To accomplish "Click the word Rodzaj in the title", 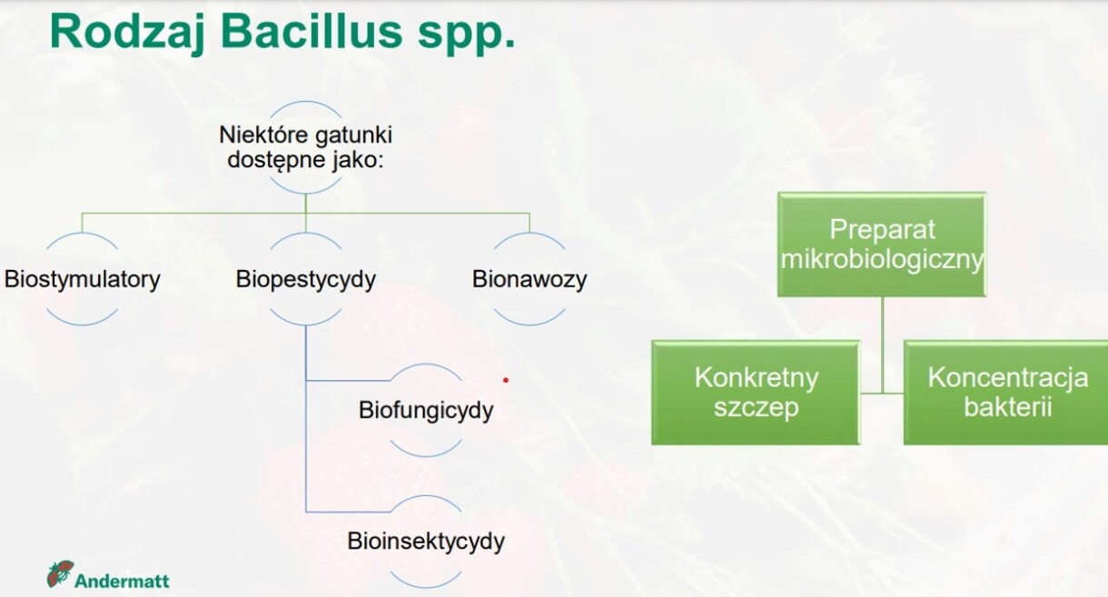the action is [126, 32].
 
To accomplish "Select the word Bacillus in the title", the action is [312, 31].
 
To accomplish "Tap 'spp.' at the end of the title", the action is [466, 35].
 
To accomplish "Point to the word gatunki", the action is [353, 135].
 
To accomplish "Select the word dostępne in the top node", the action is [277, 160].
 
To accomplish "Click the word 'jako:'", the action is [358, 160].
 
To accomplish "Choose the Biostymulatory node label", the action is [82, 280].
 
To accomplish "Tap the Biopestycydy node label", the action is [306, 280].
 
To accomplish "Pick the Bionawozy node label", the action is [529, 280].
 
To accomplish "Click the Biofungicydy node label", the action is [426, 411].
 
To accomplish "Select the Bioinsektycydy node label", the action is [426, 542].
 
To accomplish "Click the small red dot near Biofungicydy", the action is [506, 380].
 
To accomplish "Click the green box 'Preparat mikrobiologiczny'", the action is [882, 244].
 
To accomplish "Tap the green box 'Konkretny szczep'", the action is [756, 393].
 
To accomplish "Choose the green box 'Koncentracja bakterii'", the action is [1006, 393].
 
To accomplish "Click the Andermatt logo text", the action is [122, 581].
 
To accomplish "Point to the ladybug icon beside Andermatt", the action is [60, 574].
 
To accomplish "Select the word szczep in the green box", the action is [756, 408].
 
